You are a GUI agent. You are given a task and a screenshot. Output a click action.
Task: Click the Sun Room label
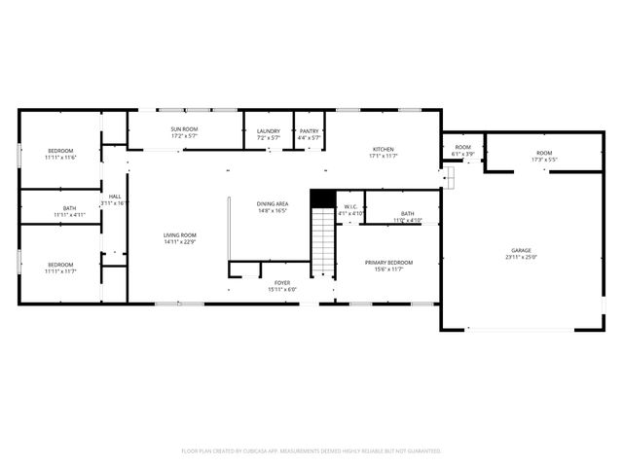(185, 129)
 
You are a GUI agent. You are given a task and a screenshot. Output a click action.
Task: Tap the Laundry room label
(269, 131)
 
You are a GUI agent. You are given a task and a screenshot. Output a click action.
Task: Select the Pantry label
(310, 131)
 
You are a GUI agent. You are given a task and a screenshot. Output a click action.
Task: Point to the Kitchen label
(383, 150)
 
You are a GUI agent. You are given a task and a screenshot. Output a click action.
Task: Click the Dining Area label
(273, 203)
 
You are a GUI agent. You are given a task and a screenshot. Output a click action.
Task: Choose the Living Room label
(179, 234)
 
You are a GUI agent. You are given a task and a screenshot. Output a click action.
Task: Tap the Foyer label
(282, 282)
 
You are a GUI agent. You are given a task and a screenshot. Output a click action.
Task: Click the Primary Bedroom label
(388, 263)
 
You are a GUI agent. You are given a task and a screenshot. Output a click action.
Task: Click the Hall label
(115, 197)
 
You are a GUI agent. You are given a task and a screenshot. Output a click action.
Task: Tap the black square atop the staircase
(322, 198)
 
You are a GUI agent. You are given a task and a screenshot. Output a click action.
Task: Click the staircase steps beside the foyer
(322, 243)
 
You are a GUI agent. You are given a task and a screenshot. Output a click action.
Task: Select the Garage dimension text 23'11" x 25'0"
(521, 257)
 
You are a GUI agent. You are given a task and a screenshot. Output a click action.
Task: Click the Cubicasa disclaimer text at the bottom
(311, 450)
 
